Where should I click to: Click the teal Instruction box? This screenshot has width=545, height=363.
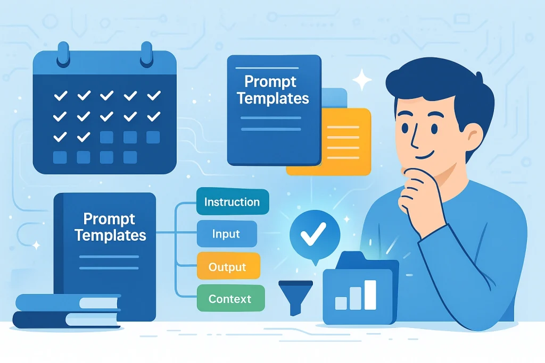[x=233, y=201]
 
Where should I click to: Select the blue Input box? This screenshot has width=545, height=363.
[x=227, y=234]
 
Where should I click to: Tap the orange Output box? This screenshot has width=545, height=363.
[x=228, y=266]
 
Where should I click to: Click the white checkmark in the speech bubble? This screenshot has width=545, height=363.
[x=313, y=233]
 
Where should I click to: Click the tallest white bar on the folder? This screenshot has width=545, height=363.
[x=370, y=294]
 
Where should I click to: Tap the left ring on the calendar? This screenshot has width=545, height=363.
[x=63, y=54]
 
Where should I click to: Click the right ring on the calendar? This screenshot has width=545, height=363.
[x=146, y=54]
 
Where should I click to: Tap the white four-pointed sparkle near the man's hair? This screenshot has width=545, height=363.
[x=362, y=80]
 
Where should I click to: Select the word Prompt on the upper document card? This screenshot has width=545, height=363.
[x=270, y=81]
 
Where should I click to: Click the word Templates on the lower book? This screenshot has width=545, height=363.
[x=110, y=235]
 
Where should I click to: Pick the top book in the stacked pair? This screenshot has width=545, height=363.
[x=68, y=302]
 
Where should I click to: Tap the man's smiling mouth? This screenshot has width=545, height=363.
[x=426, y=155]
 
